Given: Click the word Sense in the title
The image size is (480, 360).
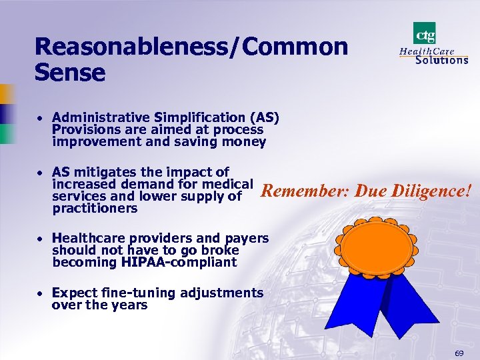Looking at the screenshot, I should (x=70, y=71).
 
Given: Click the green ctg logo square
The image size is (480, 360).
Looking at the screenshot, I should (x=424, y=33).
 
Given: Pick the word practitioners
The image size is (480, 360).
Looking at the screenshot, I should (x=94, y=208).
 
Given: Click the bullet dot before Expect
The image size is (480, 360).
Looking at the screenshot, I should (x=41, y=293).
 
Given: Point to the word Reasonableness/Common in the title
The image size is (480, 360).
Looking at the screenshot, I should (x=191, y=46).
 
